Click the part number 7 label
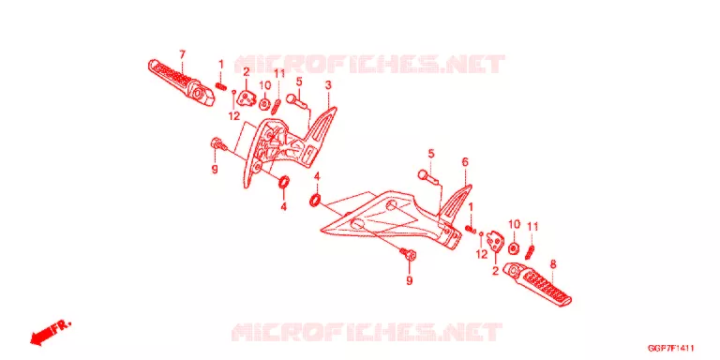(x=182, y=54)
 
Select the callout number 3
(x=328, y=85)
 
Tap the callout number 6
(x=465, y=161)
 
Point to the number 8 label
(x=553, y=264)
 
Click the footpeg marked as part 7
(x=181, y=82)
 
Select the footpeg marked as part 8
(x=538, y=284)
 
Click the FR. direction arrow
(x=51, y=333)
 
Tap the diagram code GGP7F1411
(x=671, y=349)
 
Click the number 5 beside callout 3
(x=299, y=82)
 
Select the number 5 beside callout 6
(x=430, y=154)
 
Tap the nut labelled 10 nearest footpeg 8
(x=514, y=248)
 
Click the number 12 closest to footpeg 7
(x=234, y=116)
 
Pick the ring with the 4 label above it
(x=315, y=201)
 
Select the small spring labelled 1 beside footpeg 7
(x=220, y=86)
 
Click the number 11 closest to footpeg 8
(x=532, y=226)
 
